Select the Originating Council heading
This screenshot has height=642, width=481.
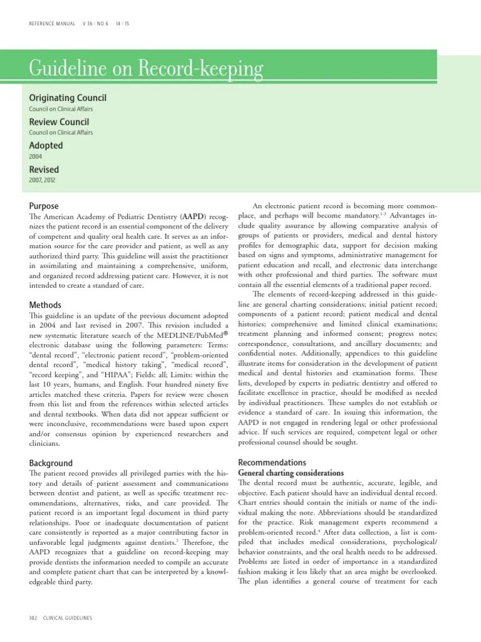coord(68,98)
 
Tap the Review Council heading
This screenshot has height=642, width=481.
coord(59,122)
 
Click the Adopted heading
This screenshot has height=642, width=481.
coord(46,145)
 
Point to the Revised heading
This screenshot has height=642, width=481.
coord(44,169)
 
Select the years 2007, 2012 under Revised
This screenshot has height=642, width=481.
coord(43,181)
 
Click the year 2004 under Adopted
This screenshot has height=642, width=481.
coord(35,157)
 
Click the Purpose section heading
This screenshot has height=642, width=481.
coord(44,206)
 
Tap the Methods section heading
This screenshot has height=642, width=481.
coord(45,305)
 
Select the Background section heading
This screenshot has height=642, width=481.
coord(51,463)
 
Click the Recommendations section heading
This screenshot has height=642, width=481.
coord(277,462)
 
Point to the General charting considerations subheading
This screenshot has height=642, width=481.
coord(291,473)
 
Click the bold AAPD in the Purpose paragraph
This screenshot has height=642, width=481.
coord(192,216)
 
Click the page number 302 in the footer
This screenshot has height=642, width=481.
coord(34,618)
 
